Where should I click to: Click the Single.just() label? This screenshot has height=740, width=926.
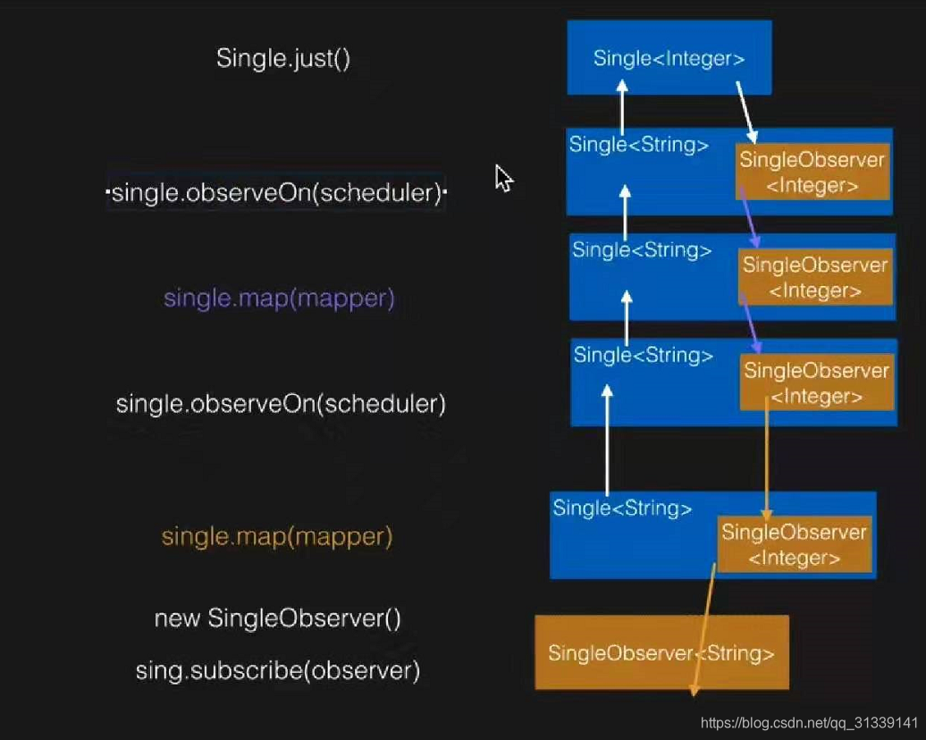click(x=283, y=59)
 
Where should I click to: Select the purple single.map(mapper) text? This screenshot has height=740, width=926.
click(x=279, y=298)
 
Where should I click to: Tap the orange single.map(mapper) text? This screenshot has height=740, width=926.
click(x=277, y=537)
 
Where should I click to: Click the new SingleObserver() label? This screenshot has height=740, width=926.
click(x=278, y=618)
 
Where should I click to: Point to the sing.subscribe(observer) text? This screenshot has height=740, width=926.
click(x=278, y=670)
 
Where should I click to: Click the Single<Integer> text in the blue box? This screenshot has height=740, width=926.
click(x=669, y=59)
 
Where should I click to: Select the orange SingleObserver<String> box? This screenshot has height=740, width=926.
click(x=661, y=652)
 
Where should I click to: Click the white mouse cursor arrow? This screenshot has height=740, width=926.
click(x=503, y=177)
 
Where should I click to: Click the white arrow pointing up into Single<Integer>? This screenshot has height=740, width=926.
click(x=623, y=106)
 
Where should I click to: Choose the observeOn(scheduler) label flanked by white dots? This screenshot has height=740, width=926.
click(x=277, y=193)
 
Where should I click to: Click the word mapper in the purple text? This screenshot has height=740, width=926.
click(x=348, y=298)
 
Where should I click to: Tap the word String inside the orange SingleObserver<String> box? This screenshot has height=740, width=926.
click(x=736, y=653)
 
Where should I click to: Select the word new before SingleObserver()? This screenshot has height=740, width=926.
click(x=177, y=618)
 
